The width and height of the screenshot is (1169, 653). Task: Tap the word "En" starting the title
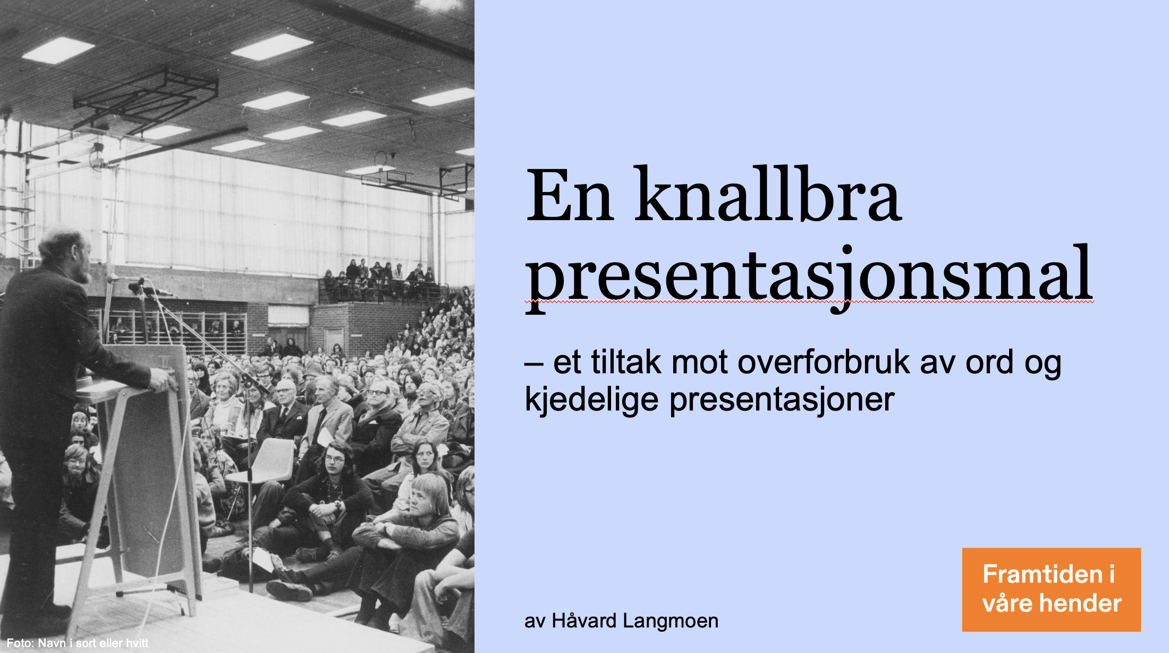570,195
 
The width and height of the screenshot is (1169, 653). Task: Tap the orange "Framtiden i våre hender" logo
1051,589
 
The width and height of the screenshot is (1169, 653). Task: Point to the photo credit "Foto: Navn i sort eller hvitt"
78,643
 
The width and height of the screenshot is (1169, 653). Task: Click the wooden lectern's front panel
151,468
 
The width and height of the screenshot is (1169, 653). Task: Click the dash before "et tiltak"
534,364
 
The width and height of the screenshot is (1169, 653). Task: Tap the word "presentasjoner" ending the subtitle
782,399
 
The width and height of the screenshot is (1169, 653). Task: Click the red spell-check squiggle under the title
809,302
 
